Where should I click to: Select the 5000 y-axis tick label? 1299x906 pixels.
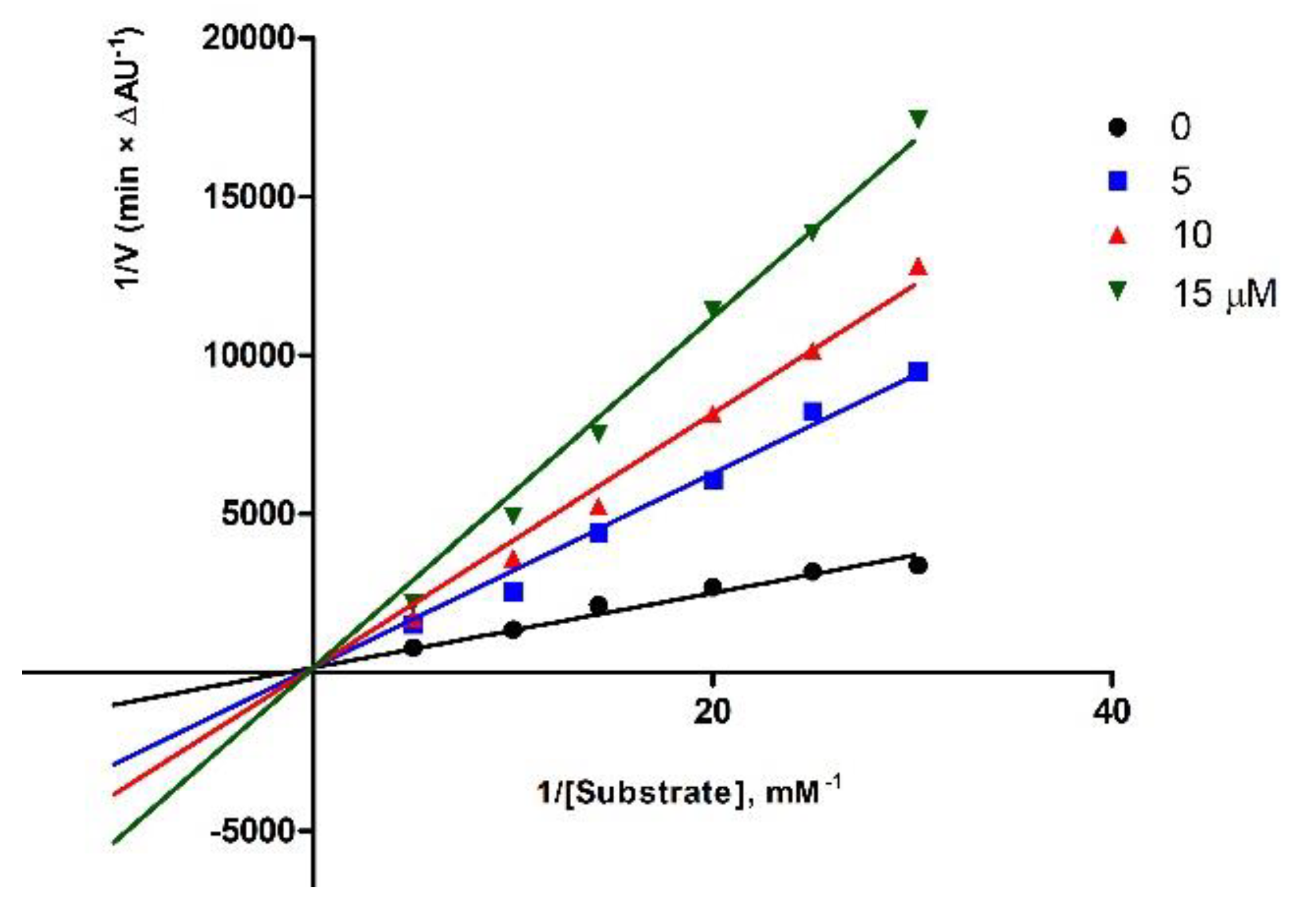pos(259,514)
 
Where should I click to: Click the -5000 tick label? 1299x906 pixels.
pos(252,832)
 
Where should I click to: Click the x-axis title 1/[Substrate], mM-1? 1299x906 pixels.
pos(688,792)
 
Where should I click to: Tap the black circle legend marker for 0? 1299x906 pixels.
pos(1117,127)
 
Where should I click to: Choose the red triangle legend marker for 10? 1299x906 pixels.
pos(1117,235)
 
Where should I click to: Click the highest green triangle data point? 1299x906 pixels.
pos(918,118)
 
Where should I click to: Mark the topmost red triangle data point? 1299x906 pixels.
pos(918,267)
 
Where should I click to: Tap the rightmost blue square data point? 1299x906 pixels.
pos(918,372)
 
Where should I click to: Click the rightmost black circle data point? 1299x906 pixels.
pos(918,566)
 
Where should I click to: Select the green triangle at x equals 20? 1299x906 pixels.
pos(713,308)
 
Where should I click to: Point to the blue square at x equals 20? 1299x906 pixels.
pos(713,480)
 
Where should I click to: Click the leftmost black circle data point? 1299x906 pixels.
pos(413,648)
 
